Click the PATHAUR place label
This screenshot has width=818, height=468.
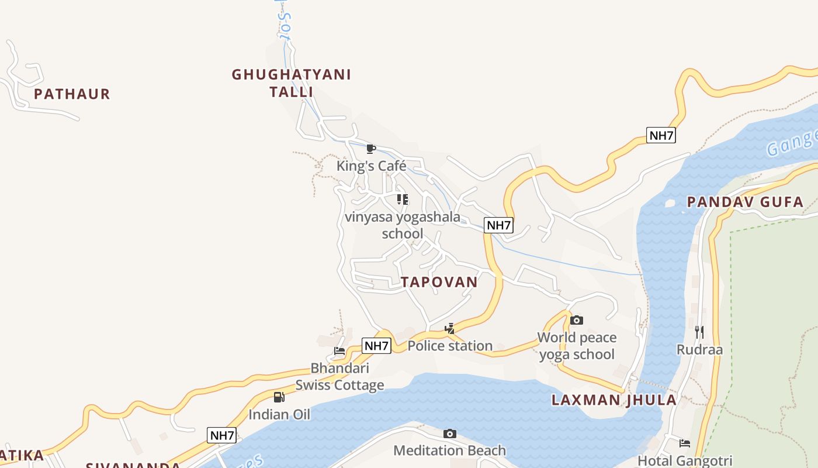click(72, 94)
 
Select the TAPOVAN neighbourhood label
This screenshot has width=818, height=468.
click(439, 282)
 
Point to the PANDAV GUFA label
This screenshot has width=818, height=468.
click(745, 202)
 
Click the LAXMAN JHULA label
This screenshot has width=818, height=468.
click(614, 400)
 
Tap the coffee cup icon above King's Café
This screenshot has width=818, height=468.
click(370, 149)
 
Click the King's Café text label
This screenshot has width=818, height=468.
click(371, 166)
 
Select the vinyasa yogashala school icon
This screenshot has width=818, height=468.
click(403, 199)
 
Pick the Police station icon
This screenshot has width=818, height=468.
click(449, 329)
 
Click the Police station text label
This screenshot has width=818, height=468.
click(450, 346)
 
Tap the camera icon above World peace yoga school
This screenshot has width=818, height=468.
click(577, 320)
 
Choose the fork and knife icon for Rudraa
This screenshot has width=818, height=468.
click(699, 332)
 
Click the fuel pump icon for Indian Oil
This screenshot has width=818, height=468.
click(279, 397)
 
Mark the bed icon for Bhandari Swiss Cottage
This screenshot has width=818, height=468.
click(339, 351)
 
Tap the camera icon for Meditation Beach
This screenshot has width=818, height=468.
click(449, 433)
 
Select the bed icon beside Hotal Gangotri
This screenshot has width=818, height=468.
click(685, 443)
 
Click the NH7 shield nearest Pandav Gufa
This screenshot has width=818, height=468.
click(661, 136)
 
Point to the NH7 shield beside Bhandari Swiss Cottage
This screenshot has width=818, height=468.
click(376, 346)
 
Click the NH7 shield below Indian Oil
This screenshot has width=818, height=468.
click(222, 435)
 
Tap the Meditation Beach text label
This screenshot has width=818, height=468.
click(449, 450)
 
